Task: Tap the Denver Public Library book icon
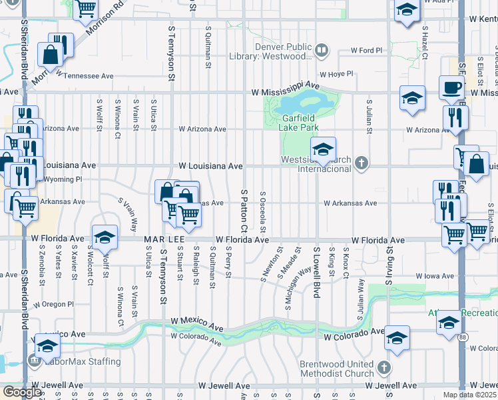[x=322, y=51]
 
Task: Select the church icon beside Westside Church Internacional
[x=361, y=164]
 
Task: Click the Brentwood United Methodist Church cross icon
[x=384, y=368]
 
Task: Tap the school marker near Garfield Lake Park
[x=323, y=149]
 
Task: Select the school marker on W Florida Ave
[x=105, y=238]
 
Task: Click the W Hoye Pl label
[x=335, y=74]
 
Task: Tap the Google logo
[x=22, y=392]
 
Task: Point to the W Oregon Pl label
[x=54, y=304]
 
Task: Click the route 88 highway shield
[x=463, y=337]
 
